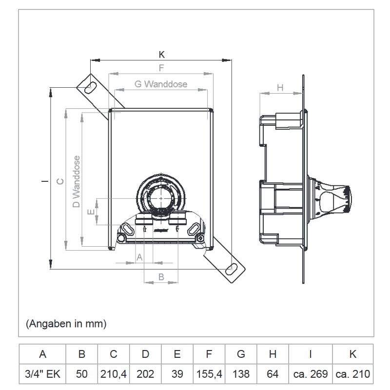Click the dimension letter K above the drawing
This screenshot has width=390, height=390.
pyautogui.click(x=162, y=55)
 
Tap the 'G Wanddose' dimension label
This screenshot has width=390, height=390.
pyautogui.click(x=161, y=84)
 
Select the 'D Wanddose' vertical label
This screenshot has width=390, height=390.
pyautogui.click(x=77, y=181)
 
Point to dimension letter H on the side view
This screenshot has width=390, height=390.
pyautogui.click(x=280, y=88)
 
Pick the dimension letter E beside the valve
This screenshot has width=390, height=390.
pyautogui.click(x=90, y=212)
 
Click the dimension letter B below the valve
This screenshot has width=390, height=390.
pyautogui.click(x=161, y=276)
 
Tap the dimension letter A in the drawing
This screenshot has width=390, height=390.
pyautogui.click(x=139, y=256)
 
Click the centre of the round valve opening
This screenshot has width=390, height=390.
pyautogui.click(x=161, y=198)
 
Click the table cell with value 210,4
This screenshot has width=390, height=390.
pyautogui.click(x=114, y=374)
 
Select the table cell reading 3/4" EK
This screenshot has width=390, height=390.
pyautogui.click(x=42, y=374)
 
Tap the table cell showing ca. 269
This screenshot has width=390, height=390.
pyautogui.click(x=310, y=374)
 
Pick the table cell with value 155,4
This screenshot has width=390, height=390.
pyautogui.click(x=209, y=374)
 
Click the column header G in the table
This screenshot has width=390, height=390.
pyautogui.click(x=241, y=354)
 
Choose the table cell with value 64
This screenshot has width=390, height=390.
pyautogui.click(x=273, y=374)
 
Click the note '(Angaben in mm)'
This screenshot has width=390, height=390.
pyautogui.click(x=65, y=323)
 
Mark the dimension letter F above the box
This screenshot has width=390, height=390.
pyautogui.click(x=161, y=68)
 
